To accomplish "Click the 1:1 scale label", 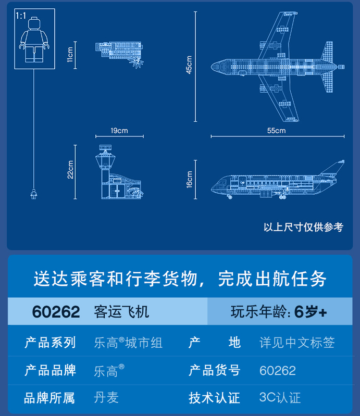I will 21,16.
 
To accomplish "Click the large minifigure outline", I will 34,41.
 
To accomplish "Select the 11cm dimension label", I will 70,54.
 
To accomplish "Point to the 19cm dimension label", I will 119,131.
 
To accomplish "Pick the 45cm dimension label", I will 190,66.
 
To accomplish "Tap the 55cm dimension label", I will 277,131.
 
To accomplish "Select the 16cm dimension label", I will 190,179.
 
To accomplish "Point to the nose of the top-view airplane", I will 214,67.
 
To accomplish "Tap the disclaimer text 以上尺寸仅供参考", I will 303,227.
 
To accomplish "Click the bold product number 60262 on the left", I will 56,311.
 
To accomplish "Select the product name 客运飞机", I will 121,311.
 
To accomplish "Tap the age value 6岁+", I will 311,312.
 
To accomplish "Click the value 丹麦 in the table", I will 106,398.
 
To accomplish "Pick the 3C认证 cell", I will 280,398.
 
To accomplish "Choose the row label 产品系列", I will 50,343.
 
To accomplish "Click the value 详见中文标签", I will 297,343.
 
